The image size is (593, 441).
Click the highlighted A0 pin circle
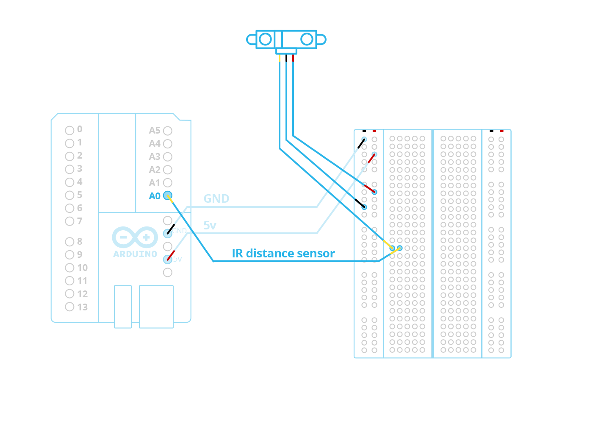coord(168,196)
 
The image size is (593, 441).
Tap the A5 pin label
coord(155,131)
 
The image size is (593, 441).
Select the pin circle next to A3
coord(168,157)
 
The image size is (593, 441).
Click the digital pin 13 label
coord(83,307)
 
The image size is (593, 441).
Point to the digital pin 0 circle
coord(69,130)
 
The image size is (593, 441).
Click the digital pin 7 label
coord(80,221)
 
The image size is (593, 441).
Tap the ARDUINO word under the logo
coord(135,254)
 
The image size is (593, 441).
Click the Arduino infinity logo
coord(135,237)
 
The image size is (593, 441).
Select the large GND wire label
coord(216,198)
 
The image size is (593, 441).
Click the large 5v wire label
coord(210,225)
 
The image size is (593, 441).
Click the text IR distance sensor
coord(283,254)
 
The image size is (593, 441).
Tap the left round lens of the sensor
coord(265,39)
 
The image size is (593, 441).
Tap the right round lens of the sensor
coord(307,39)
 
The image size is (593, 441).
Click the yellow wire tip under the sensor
coord(280,58)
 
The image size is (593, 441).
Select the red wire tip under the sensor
coord(293,58)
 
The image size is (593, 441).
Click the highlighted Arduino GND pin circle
coord(168,233)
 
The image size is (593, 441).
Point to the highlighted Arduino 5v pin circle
coord(168,260)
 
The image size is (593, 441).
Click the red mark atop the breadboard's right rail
coord(502,131)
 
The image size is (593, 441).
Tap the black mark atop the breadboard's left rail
coord(364,131)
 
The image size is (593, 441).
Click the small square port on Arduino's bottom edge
coord(123,306)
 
